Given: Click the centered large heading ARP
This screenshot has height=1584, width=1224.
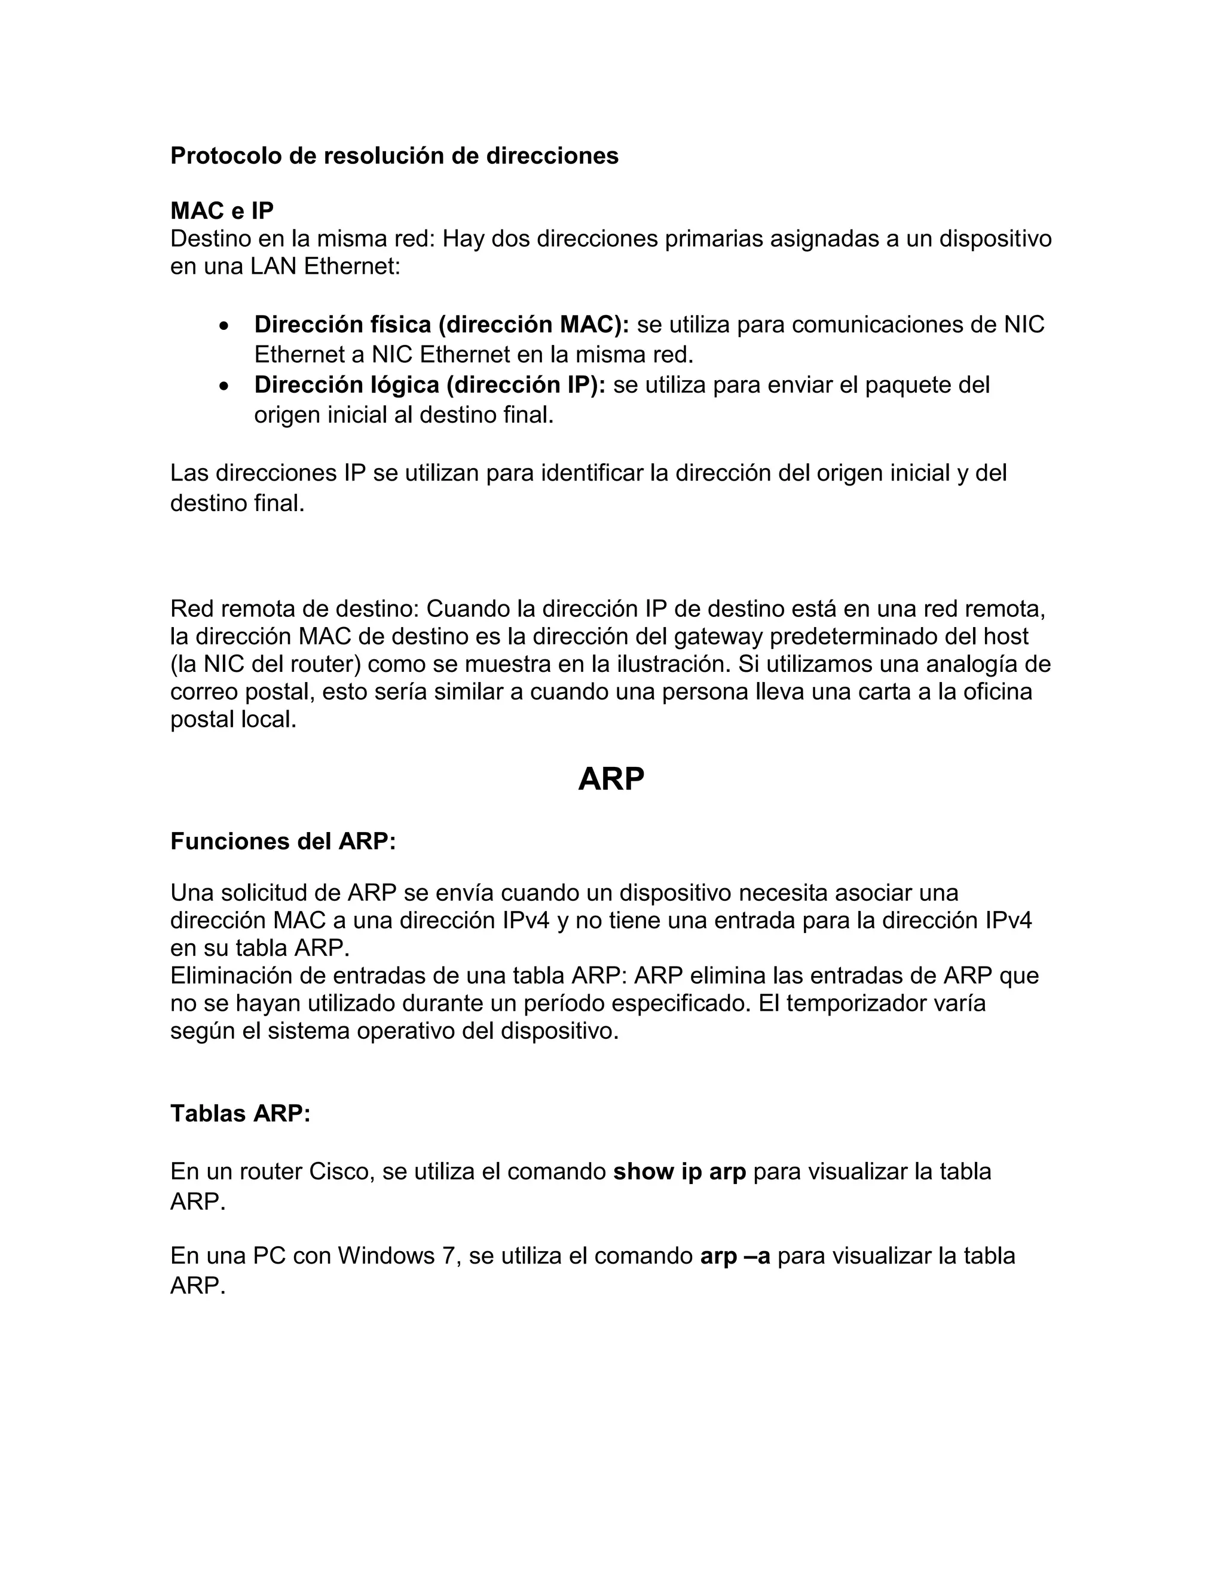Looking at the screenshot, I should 611,779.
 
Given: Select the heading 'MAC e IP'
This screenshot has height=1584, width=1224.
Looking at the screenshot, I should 222,210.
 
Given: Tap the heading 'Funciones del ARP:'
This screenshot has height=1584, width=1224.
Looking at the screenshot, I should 283,842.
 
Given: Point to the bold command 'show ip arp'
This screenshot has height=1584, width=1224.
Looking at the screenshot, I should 680,1172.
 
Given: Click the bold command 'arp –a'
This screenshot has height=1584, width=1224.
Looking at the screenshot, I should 735,1255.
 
